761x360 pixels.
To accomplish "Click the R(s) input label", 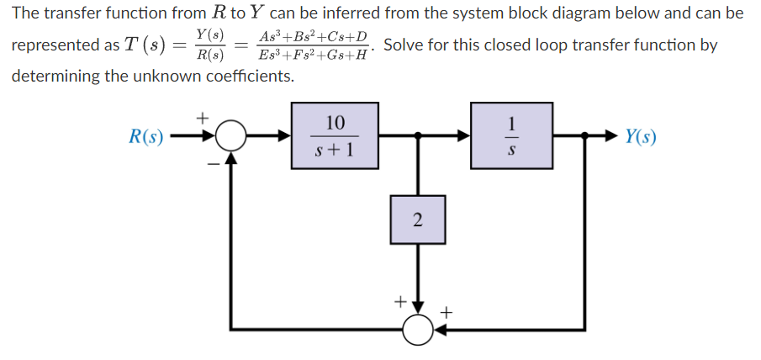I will pos(145,137).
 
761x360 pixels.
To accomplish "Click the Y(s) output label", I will pos(642,137).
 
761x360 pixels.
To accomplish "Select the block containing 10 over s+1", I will pos(335,135).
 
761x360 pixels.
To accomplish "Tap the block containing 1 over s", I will pos(511,135).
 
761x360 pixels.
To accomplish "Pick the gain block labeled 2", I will pos(417,220).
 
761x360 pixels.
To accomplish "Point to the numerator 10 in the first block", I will pos(335,123).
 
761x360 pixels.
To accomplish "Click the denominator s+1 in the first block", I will pos(335,151).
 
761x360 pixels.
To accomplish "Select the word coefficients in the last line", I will pos(245,76).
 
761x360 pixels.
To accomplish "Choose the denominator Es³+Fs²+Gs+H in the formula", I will pos(314,56).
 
